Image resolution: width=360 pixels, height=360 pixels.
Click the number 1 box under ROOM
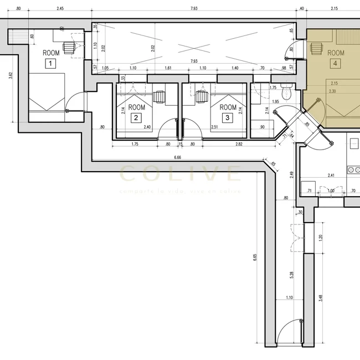click(x=50, y=64)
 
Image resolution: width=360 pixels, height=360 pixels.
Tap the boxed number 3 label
click(x=227, y=117)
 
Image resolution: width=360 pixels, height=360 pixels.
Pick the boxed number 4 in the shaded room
click(x=335, y=63)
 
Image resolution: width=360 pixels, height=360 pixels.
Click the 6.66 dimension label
click(x=178, y=158)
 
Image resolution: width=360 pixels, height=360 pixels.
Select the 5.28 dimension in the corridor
click(x=291, y=274)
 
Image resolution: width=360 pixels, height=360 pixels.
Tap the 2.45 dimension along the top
click(x=60, y=9)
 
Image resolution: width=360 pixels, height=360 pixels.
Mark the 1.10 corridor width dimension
click(x=289, y=299)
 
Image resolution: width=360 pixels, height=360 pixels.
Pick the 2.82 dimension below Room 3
click(x=239, y=144)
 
